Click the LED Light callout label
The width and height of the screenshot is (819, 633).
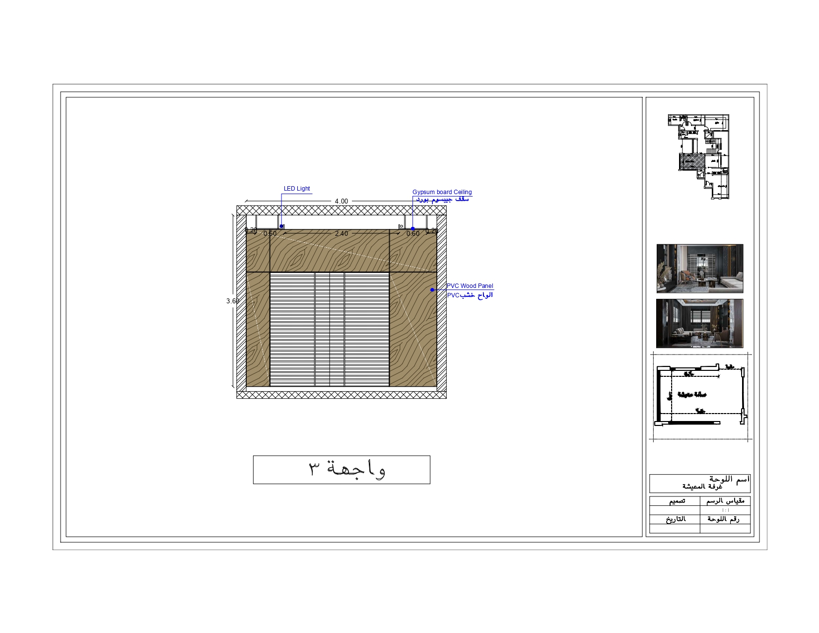coord(297,189)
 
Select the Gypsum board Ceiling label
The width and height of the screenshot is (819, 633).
coord(442,192)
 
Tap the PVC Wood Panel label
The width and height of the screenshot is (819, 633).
coord(470,286)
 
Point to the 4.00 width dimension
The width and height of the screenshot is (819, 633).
coord(341,201)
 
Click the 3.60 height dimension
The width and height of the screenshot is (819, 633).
coord(232,301)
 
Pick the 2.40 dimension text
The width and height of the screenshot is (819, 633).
coord(341,233)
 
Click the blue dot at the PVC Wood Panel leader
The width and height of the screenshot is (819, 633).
coord(432,290)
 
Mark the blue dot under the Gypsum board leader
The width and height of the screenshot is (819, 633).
coord(412,229)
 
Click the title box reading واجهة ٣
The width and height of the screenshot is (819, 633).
coord(341,470)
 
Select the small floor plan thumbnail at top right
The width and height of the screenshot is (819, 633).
coord(699,156)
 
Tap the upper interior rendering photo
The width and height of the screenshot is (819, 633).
coord(700,269)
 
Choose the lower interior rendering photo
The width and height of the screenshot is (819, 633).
coord(700,323)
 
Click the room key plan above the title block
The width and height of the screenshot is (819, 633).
coord(700,396)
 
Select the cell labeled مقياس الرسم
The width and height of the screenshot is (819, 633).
coord(725,501)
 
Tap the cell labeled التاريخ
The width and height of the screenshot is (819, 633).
coord(675,519)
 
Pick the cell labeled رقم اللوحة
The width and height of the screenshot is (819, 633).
coord(725,519)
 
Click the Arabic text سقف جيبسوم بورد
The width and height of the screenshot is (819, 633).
coord(442,199)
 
